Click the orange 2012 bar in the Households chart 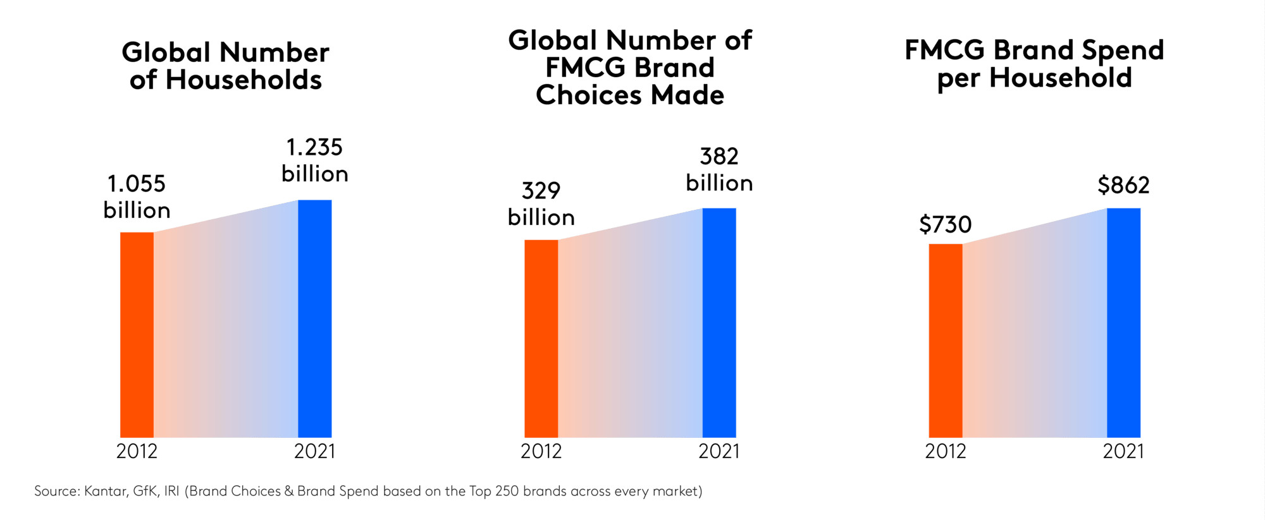tap(137, 335)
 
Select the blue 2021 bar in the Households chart tap(314, 318)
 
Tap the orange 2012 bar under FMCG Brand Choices tap(541, 339)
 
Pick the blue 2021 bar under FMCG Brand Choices tap(719, 322)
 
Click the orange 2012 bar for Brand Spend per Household tap(945, 341)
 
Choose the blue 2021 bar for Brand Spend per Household tap(1123, 322)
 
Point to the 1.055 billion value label tap(137, 197)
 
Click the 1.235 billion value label tap(314, 160)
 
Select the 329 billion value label tap(541, 203)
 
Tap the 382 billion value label tap(719, 169)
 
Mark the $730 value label tap(945, 224)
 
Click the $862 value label tap(1123, 185)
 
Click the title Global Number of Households tap(225, 66)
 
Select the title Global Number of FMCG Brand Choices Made tap(630, 68)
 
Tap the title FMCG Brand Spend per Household tap(1034, 64)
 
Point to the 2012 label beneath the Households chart tap(137, 451)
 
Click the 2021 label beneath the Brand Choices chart tap(719, 451)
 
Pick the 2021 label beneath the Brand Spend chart tap(1123, 451)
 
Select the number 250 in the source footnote tap(507, 491)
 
